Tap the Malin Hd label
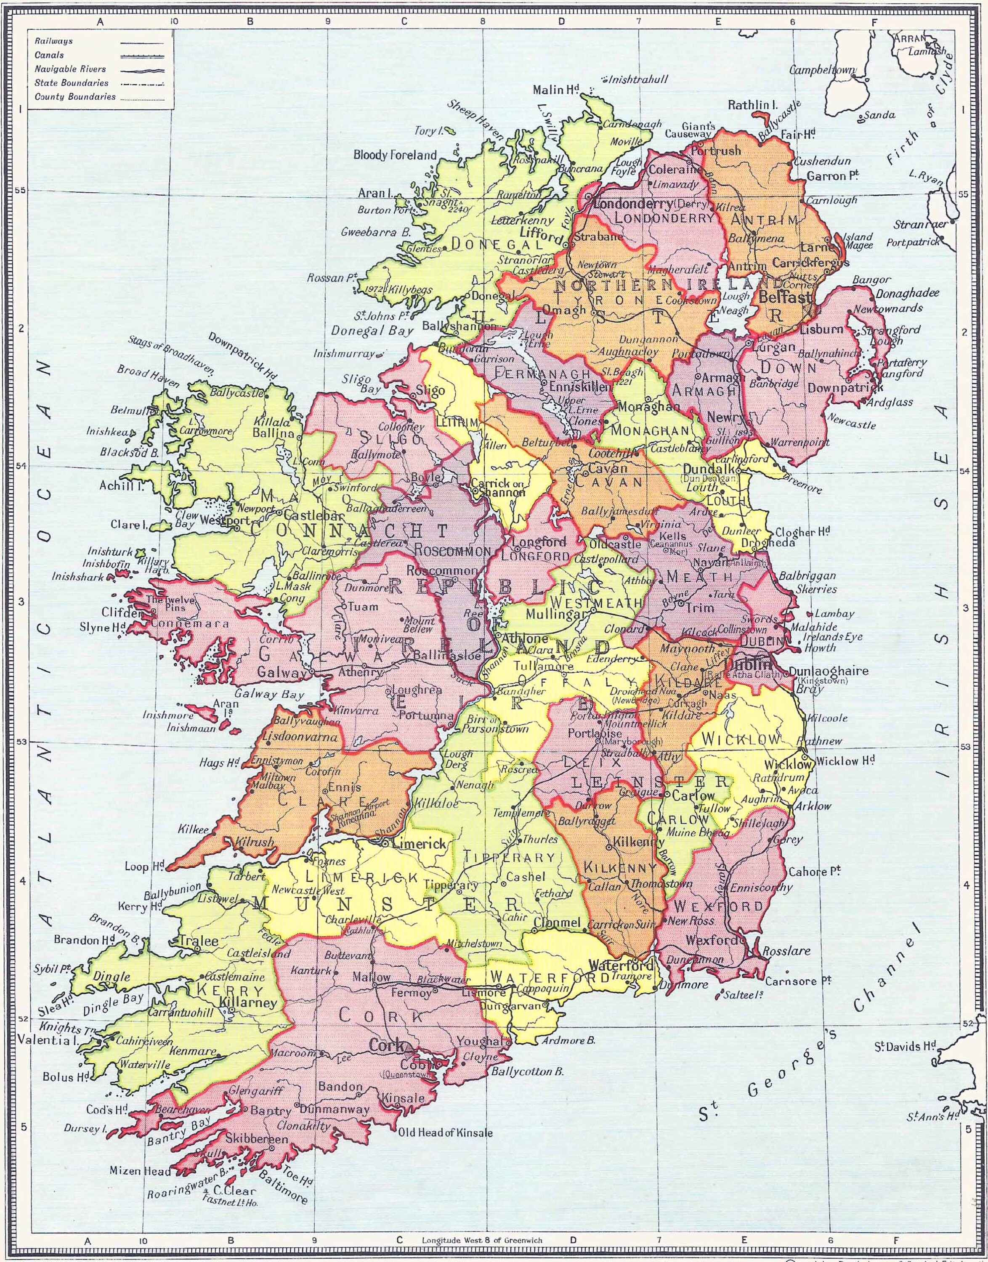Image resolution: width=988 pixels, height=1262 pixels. point(556,90)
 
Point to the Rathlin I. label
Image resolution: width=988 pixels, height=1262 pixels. point(752,105)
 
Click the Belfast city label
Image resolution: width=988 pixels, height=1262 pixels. point(784,297)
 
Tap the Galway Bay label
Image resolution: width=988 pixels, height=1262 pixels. point(269,695)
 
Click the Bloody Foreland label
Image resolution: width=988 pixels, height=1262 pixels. point(395,155)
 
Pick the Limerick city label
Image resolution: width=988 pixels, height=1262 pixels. point(420,844)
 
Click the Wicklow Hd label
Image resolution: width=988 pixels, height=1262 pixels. point(845,761)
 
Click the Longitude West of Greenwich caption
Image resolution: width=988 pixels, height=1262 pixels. point(482,1236)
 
